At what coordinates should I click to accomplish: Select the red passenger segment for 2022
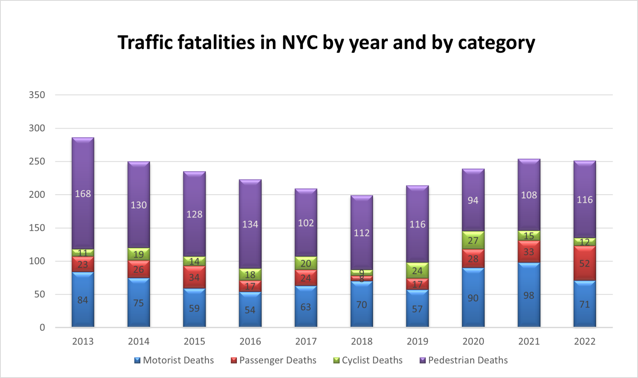point(584,263)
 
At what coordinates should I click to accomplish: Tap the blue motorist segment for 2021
point(529,295)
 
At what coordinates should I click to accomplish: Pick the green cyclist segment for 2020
point(473,240)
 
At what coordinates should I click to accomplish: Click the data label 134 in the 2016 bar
point(250,225)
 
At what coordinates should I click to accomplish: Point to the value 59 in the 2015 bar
point(194,309)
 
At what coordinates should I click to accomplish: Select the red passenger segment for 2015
point(194,277)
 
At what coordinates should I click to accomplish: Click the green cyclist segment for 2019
point(417,271)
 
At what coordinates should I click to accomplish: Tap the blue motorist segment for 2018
point(361,304)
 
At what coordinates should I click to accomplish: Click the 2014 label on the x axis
point(139,341)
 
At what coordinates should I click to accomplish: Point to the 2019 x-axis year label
point(417,341)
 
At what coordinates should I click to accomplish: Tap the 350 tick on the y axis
point(37,95)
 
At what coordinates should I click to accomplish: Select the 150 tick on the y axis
point(37,228)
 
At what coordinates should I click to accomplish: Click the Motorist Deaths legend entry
point(174,360)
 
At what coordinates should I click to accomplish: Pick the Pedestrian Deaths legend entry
point(464,360)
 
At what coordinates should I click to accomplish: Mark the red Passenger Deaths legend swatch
point(234,361)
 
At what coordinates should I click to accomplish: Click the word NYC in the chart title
point(300,42)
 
